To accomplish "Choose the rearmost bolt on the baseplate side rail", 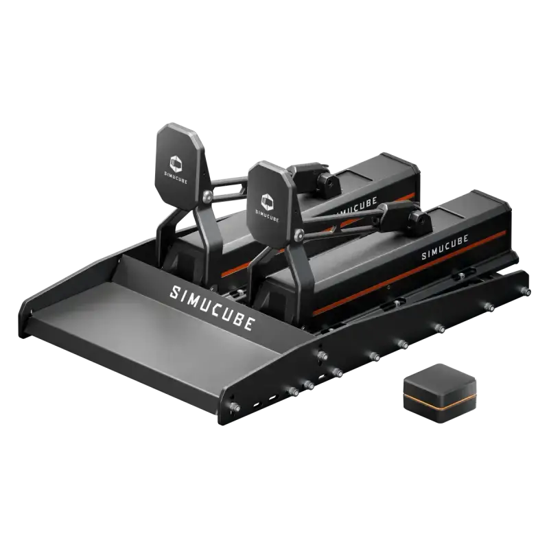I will [x=527, y=292].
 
